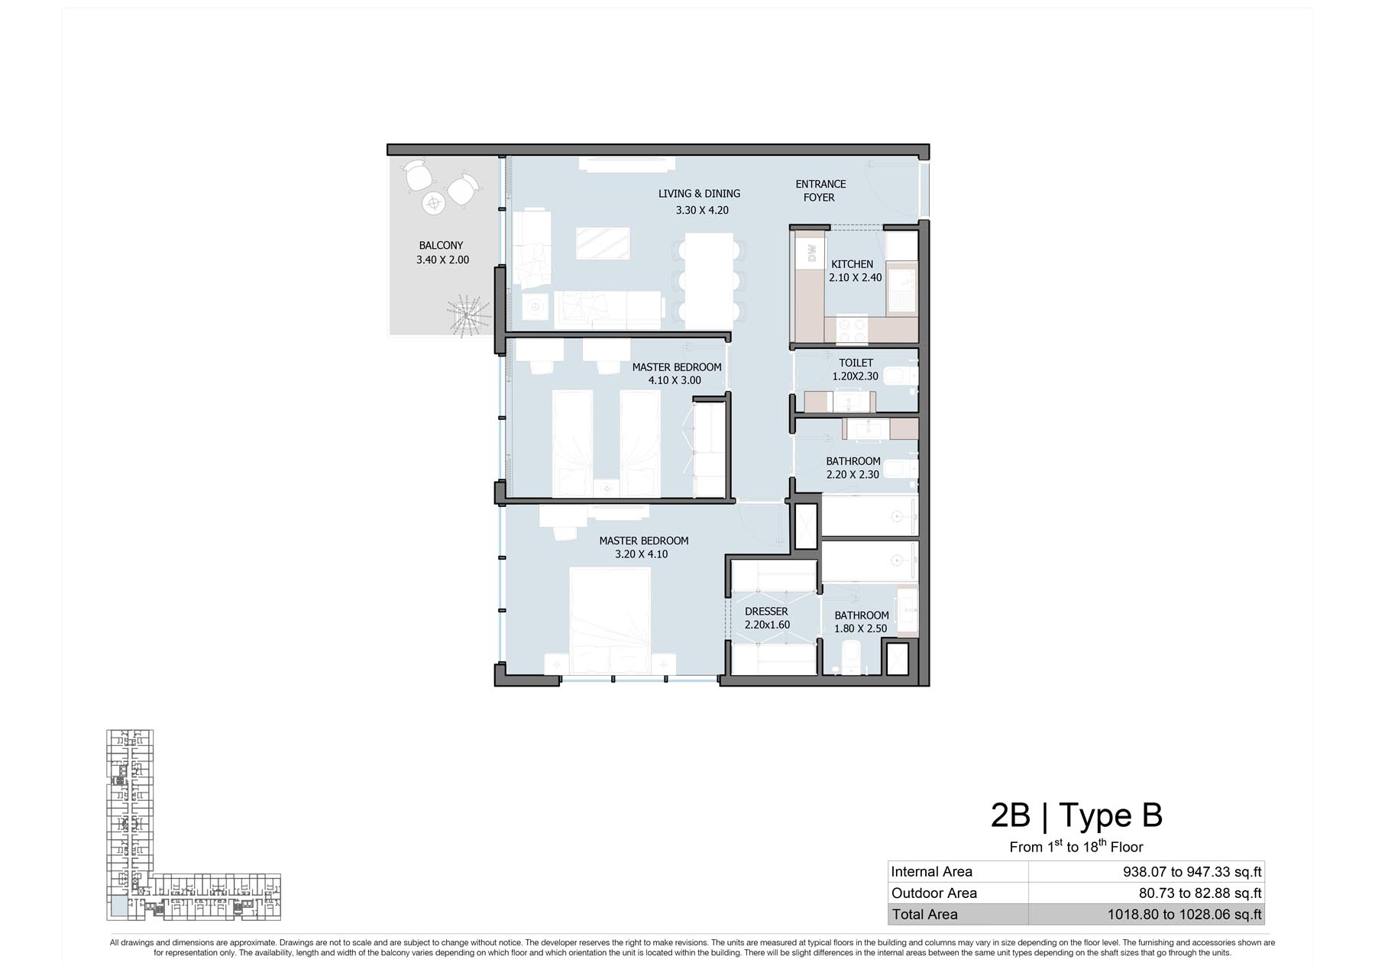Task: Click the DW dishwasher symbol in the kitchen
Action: coord(811,253)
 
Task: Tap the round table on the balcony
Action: coord(434,203)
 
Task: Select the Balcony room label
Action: coord(441,246)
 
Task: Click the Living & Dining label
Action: coord(699,194)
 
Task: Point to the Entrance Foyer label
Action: coord(820,191)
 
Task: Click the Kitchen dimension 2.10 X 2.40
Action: coord(856,278)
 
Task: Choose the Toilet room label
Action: coord(856,363)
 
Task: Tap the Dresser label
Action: coord(766,612)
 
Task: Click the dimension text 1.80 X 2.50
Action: coord(861,629)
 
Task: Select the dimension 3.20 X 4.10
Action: coord(641,554)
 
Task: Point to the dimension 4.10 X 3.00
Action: coord(675,380)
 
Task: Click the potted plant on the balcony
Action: coord(467,315)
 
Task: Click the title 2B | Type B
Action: coord(1076,815)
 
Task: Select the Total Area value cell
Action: coord(1146,915)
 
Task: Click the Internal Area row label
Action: coord(931,872)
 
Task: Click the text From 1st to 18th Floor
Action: coord(1076,846)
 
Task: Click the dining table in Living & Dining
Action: coord(709,280)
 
